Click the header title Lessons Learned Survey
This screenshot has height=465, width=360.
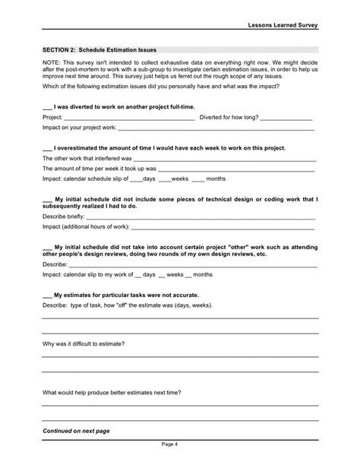click(x=282, y=25)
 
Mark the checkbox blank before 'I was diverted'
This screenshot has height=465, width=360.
click(x=48, y=108)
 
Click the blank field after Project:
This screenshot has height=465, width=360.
click(x=128, y=119)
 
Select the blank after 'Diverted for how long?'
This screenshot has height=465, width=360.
click(x=289, y=119)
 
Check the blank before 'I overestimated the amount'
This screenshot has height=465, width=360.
click(x=48, y=149)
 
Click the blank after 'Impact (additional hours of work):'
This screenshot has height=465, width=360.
click(x=224, y=226)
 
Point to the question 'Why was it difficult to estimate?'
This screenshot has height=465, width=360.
click(x=84, y=343)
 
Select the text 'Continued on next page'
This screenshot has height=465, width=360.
click(x=76, y=431)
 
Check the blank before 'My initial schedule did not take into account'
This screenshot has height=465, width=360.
click(x=48, y=247)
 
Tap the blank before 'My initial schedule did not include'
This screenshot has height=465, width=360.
click(x=48, y=198)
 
